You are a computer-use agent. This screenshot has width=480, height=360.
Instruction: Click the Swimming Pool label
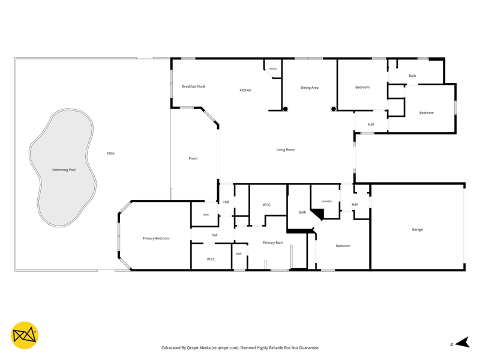click(64, 170)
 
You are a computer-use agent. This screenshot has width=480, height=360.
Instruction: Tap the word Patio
click(110, 154)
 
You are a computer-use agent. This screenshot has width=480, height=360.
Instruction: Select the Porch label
click(193, 158)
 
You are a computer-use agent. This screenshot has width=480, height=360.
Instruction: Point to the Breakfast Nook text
click(194, 86)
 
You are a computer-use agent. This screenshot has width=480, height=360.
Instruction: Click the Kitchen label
click(245, 91)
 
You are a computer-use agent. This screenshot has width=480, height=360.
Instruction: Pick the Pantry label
click(273, 69)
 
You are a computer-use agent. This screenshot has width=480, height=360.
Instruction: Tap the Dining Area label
click(310, 88)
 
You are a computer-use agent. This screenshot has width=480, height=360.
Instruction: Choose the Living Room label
click(286, 150)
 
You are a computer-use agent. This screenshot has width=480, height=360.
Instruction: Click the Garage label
click(417, 230)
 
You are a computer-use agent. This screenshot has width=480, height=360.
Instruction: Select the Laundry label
click(326, 202)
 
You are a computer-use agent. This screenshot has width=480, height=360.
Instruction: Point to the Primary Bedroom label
click(156, 238)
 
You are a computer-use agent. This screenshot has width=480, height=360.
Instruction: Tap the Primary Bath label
click(273, 243)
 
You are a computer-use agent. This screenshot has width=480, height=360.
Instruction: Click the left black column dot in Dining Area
click(285, 109)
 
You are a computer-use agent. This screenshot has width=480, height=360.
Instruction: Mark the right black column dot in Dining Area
click(334, 109)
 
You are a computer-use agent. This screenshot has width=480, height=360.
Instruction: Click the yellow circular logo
click(25, 335)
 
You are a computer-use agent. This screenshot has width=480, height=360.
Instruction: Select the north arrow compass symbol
click(463, 343)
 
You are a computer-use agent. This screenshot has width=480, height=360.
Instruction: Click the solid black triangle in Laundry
click(319, 214)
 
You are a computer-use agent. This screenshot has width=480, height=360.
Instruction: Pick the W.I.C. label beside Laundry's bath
click(266, 205)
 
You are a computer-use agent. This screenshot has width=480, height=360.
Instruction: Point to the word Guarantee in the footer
click(310, 348)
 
